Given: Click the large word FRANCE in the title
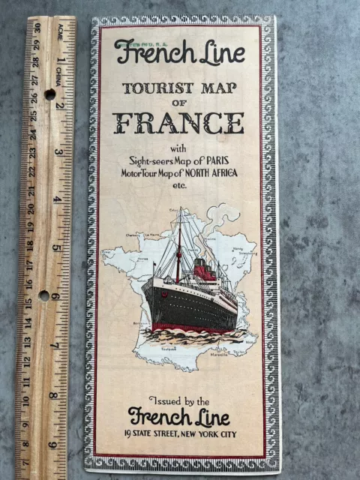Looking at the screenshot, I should click(178, 121).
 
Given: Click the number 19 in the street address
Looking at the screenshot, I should click(134, 433).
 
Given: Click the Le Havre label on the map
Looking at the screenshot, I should click(154, 235).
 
